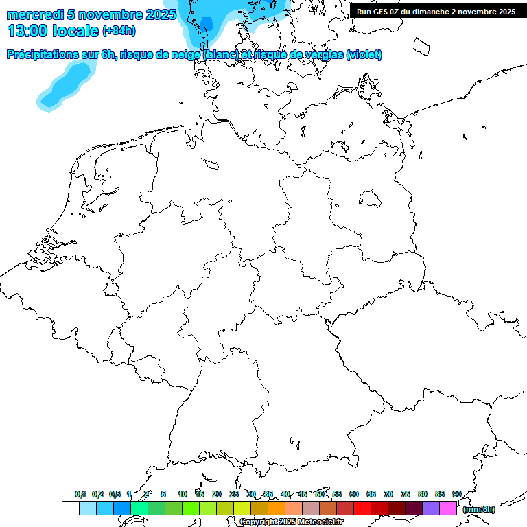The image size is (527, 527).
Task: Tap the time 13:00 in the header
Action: [x=29, y=31]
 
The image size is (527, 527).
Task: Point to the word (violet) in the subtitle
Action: [x=364, y=55]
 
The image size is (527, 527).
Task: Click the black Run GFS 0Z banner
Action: [x=436, y=11]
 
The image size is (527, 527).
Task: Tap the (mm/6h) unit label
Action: [x=479, y=509]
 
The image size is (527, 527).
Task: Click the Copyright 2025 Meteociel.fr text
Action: [x=292, y=522]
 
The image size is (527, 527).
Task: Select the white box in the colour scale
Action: [x=70, y=508]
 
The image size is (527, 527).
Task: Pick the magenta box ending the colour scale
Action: [x=448, y=508]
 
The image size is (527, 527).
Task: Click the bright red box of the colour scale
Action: [x=362, y=508]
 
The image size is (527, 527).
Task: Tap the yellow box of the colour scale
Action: [x=242, y=508]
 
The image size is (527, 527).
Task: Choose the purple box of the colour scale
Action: [x=431, y=508]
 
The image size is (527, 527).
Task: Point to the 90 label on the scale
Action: [x=456, y=494]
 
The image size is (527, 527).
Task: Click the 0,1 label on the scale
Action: [x=80, y=494]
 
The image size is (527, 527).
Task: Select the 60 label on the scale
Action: [x=354, y=494]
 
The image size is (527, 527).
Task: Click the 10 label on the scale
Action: [x=183, y=494]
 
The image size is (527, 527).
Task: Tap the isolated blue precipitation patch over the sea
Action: [x=66, y=86]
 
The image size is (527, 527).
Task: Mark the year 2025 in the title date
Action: [x=162, y=14]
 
